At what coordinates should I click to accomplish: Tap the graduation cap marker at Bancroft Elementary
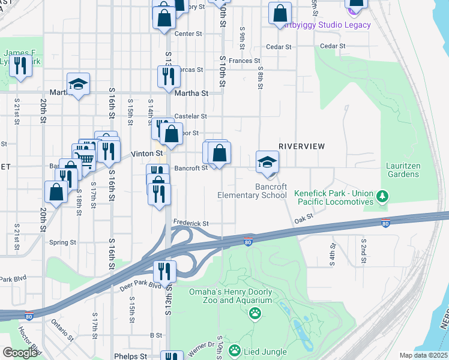pos(268,162)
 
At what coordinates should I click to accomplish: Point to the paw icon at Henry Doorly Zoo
pos(255,313)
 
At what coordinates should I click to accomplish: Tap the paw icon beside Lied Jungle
pos(235,350)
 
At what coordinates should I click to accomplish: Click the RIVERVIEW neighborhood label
pos(301,146)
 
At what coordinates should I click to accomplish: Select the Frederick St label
pos(191,223)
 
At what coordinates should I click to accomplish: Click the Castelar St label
pos(190,116)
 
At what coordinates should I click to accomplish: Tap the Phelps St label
pos(130,356)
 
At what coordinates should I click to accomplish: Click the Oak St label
pos(304,220)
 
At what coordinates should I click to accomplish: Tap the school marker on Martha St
pos(77,86)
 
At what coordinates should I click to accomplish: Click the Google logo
pos(20,353)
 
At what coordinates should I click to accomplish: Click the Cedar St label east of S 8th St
pos(333,46)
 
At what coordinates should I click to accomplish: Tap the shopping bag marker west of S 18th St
pos(56,192)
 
